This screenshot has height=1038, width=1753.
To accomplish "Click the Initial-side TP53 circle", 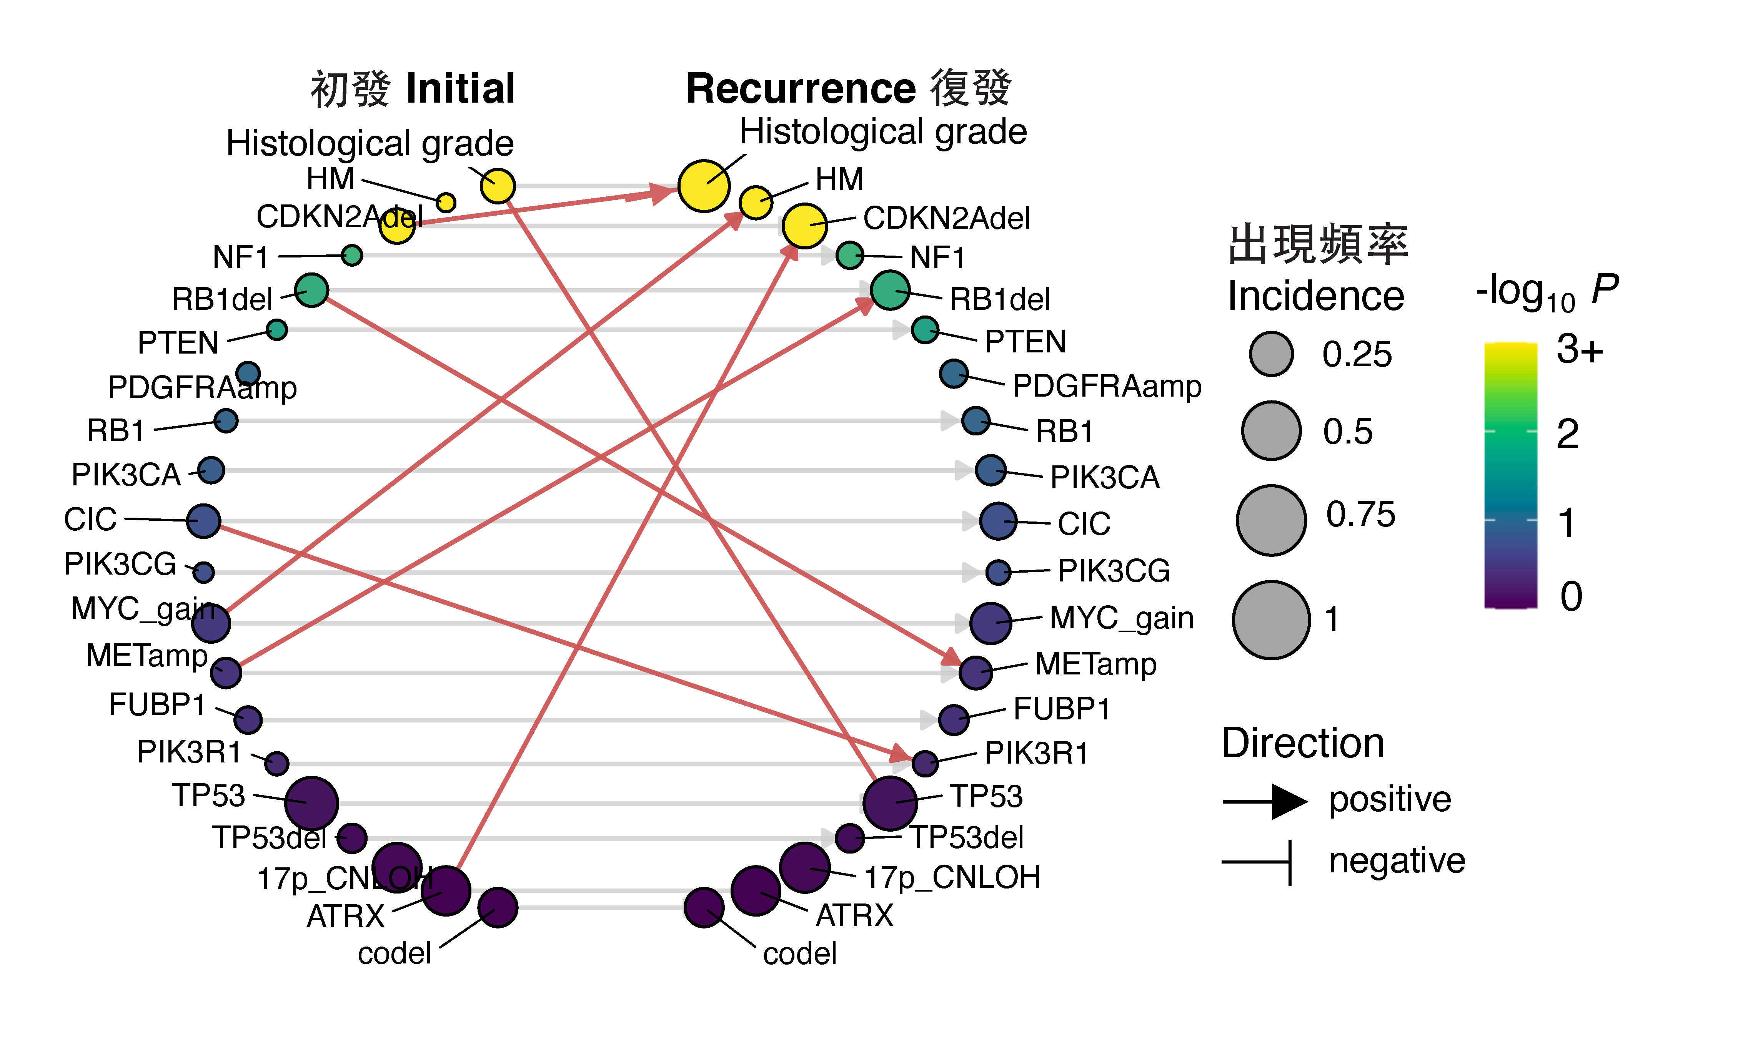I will pos(311,803).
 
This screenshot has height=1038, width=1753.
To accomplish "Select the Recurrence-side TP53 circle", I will pos(889,803).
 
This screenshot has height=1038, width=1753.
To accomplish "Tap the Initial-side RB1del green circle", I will pos(311,290).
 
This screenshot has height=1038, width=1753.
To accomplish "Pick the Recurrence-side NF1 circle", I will pos(849,255).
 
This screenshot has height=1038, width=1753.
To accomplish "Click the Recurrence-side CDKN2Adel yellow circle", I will pos(805,225).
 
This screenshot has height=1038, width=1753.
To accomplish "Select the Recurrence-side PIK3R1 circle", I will pos(925,763).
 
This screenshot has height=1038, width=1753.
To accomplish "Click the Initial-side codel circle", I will pos(498,908).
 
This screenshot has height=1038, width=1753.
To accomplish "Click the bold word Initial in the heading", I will pos(461,89).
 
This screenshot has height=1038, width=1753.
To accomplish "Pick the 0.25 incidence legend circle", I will pos(1271,354).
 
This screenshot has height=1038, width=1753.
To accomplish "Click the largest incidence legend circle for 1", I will pos(1271,620).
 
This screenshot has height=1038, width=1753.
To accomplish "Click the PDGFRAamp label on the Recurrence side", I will pos(1106,386).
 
